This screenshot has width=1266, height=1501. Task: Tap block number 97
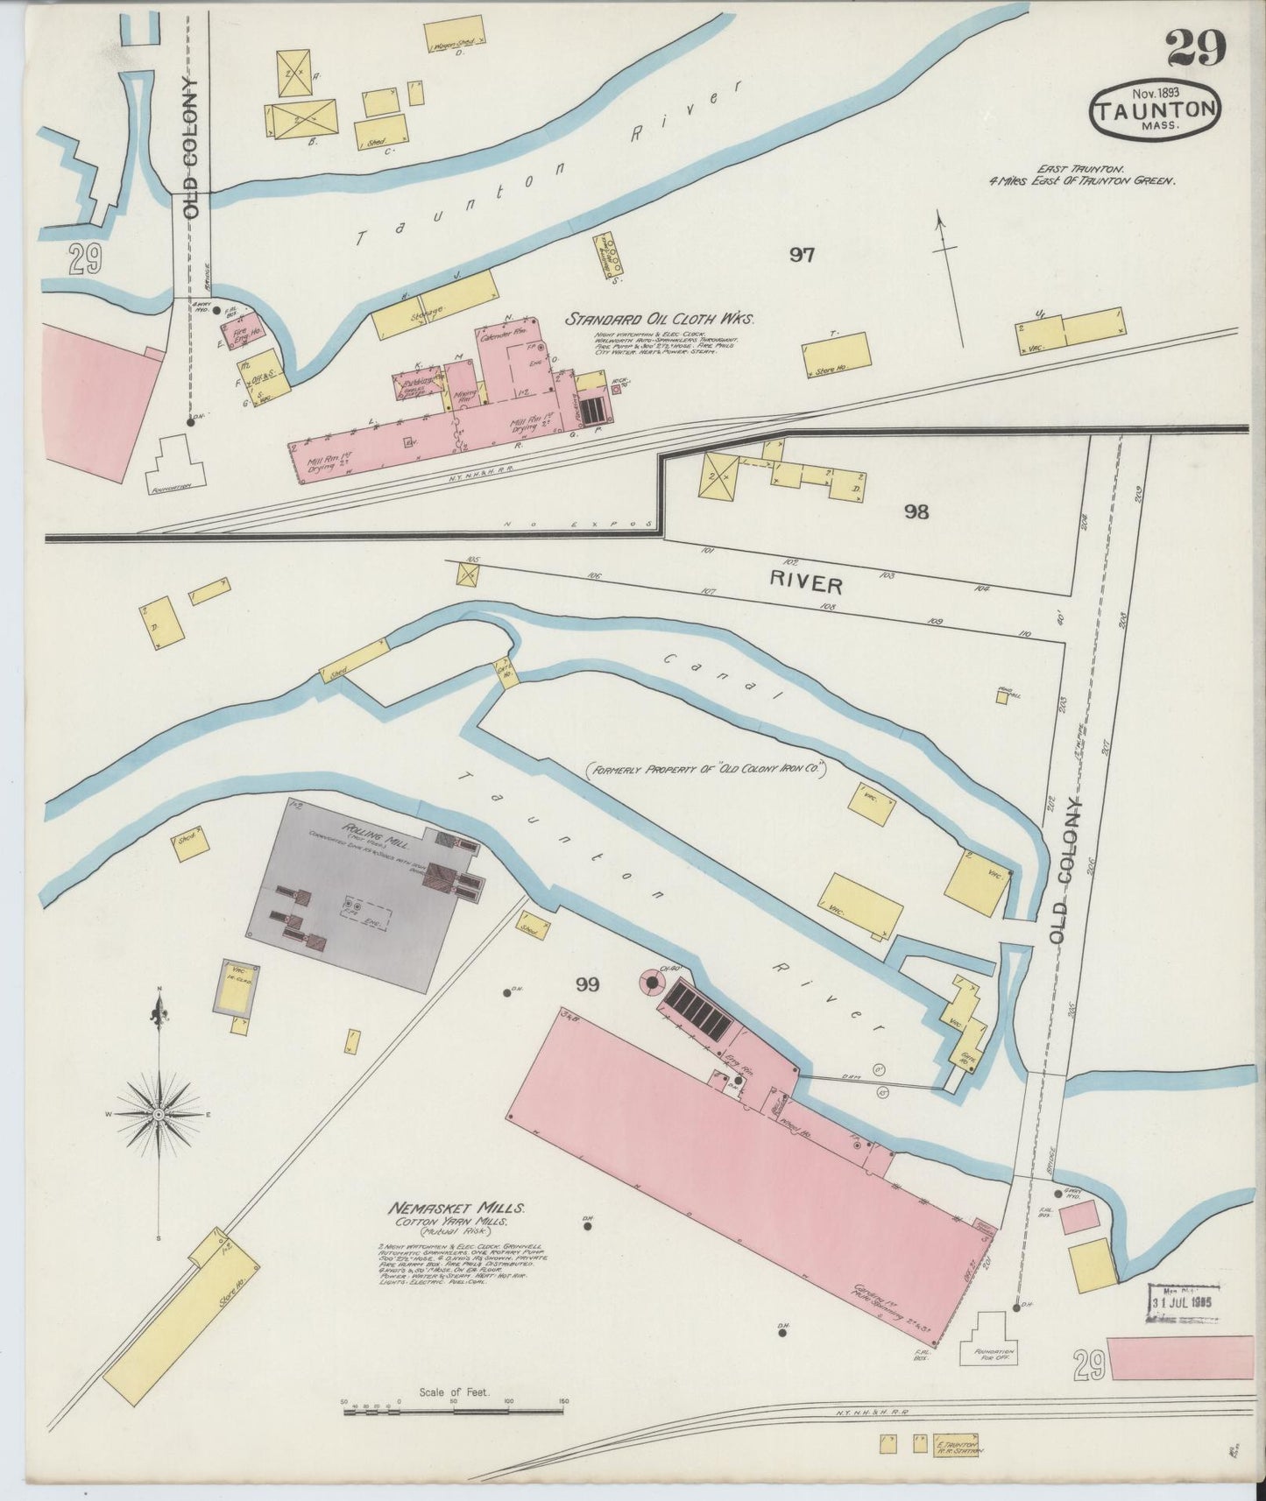802,255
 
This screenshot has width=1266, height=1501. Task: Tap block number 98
916,511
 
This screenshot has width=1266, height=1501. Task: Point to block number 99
587,985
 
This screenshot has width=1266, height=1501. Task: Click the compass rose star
159,1114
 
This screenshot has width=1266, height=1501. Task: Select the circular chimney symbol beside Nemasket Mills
652,983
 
